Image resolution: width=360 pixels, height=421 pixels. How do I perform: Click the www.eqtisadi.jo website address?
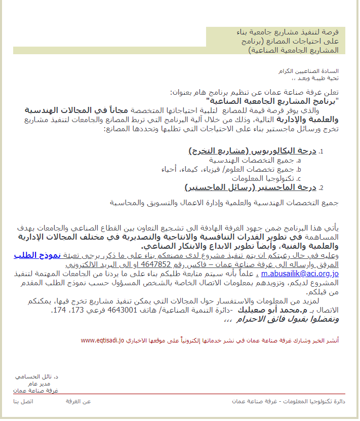(x=102, y=340)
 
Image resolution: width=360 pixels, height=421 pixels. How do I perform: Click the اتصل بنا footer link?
(x=23, y=401)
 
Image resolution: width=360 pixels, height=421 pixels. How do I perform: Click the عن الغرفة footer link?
(x=78, y=401)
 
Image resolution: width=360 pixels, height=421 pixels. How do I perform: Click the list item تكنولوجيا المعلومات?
(x=264, y=178)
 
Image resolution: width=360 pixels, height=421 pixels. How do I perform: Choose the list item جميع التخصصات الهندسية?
(x=258, y=160)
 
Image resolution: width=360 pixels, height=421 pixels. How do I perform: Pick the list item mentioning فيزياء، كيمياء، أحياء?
(x=223, y=169)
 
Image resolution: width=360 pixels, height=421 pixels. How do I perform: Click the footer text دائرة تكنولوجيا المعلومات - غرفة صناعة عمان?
(x=288, y=401)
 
